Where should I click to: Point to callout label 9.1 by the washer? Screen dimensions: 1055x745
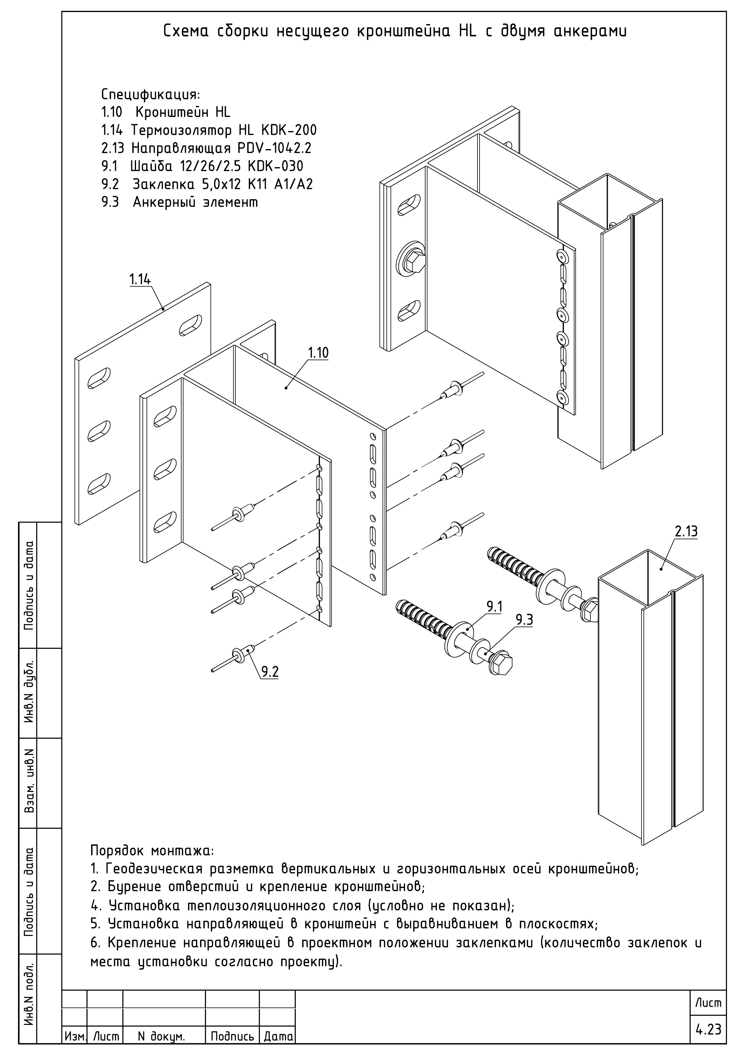coord(494,607)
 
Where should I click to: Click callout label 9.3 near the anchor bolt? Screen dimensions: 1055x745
coord(524,620)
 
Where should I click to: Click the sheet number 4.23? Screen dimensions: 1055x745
coord(708,1030)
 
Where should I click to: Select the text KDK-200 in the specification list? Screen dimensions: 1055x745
coord(289,130)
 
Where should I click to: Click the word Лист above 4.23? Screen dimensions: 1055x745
coord(708,1003)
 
